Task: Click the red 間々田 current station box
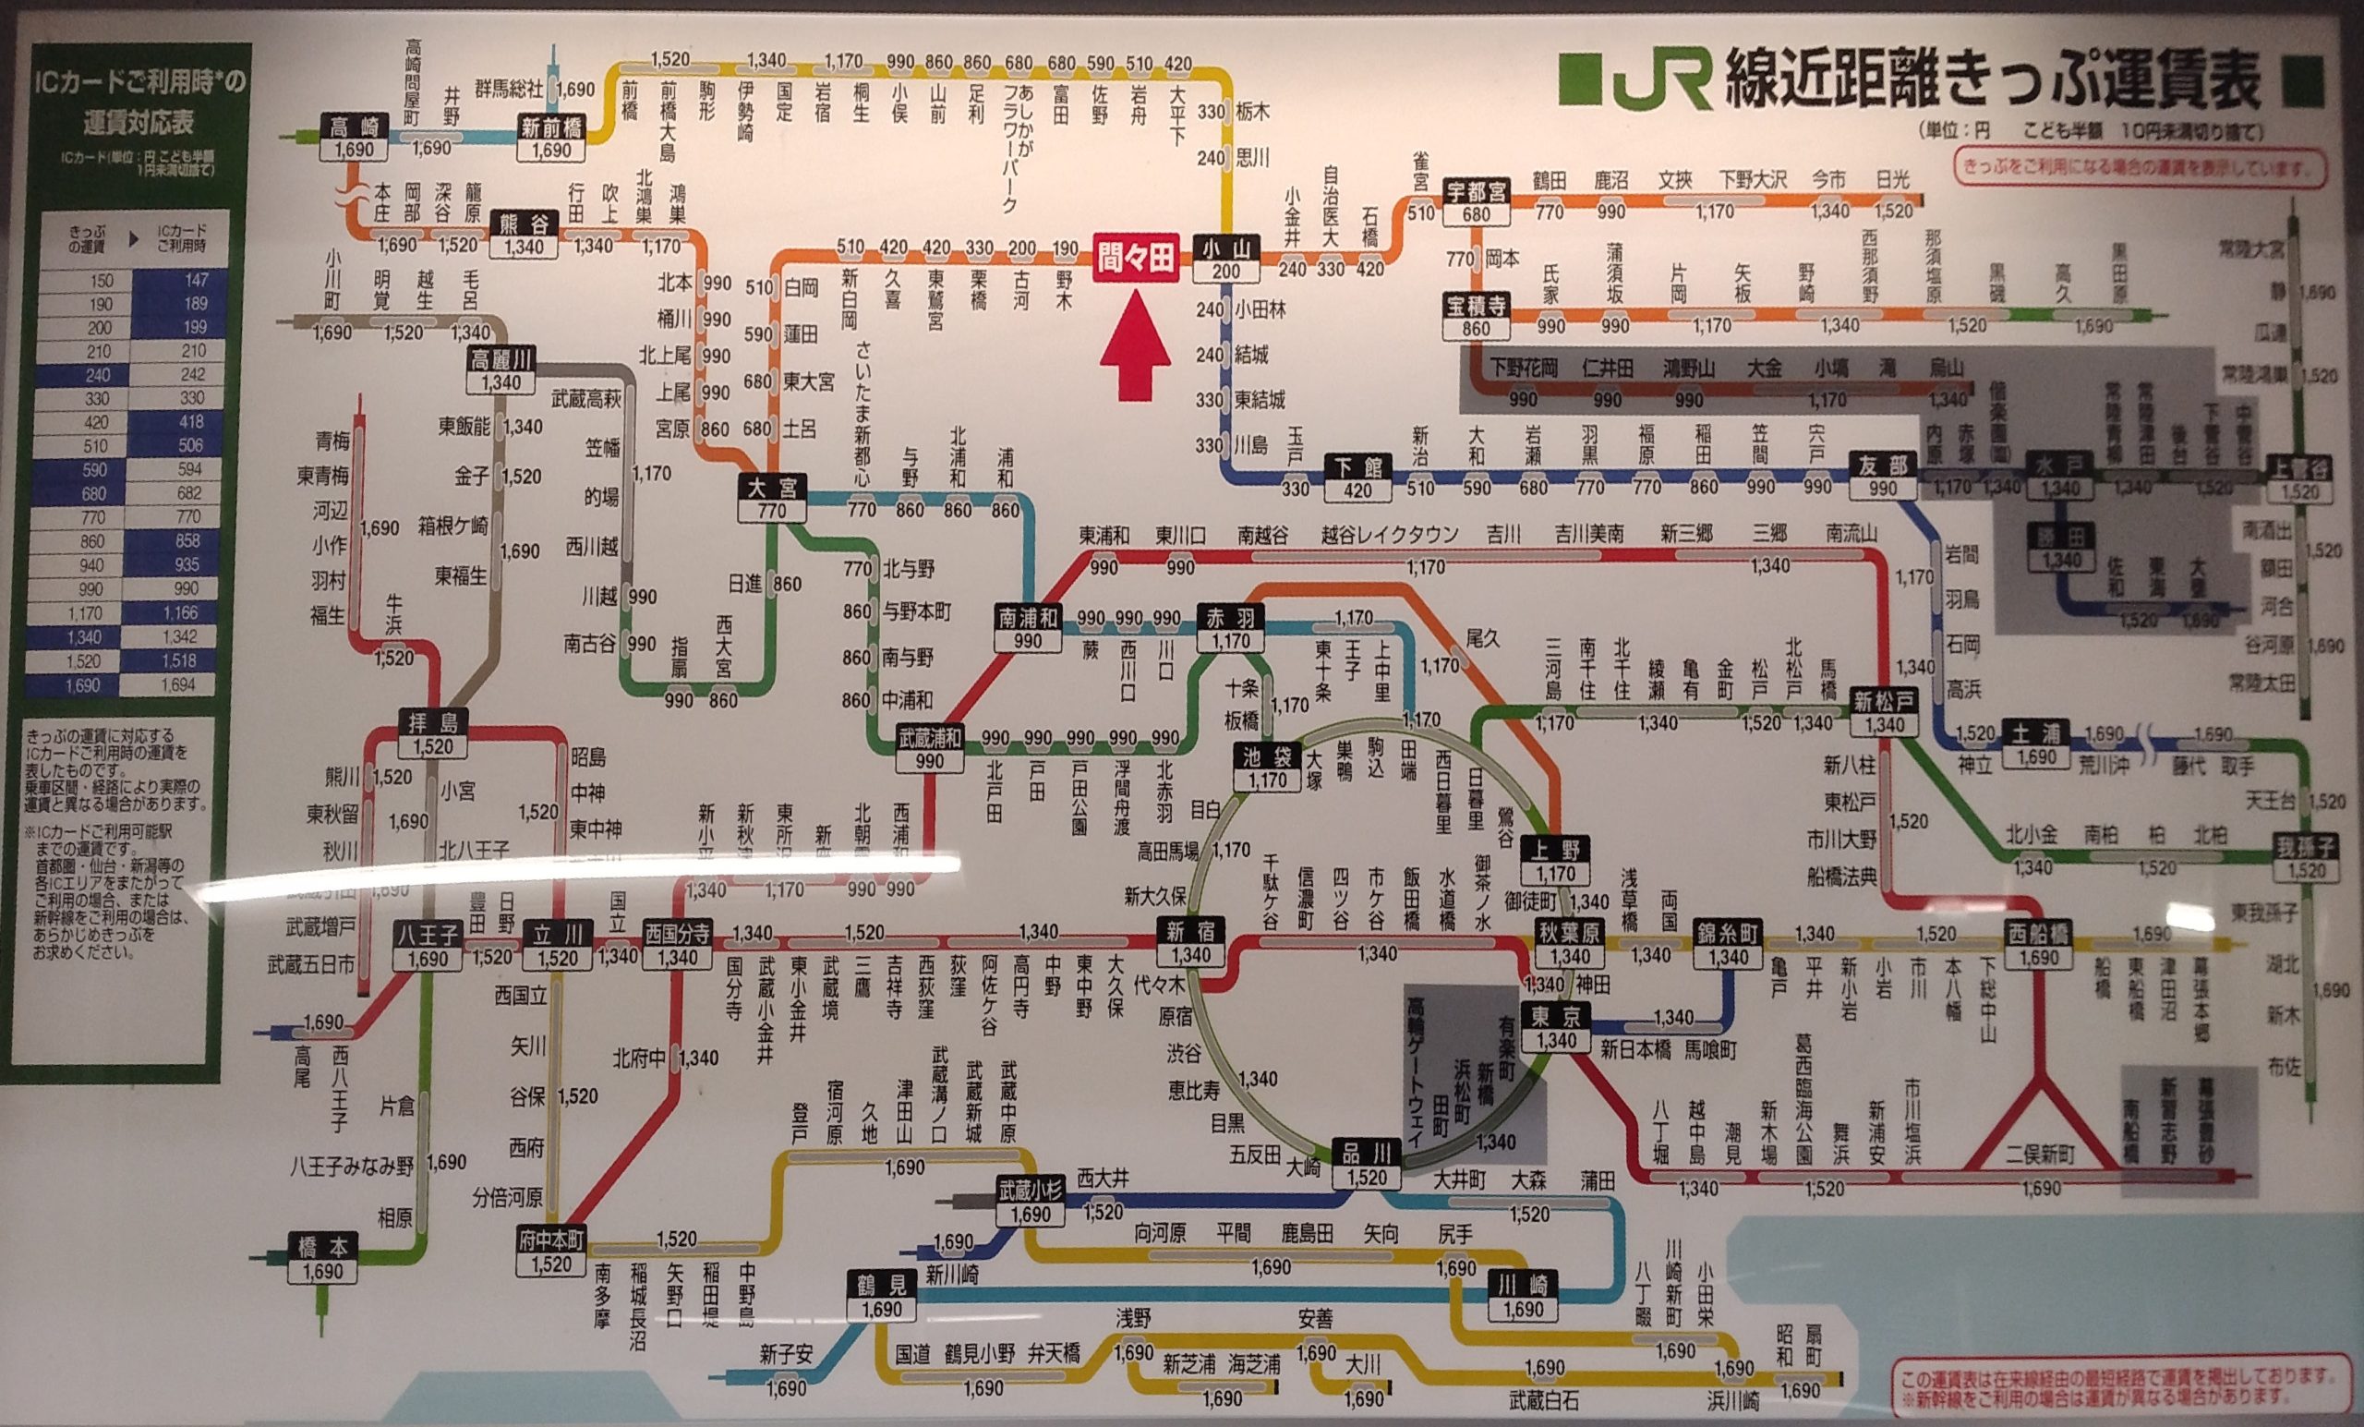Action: [1135, 258]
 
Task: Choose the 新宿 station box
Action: [1189, 940]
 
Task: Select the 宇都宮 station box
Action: [1477, 200]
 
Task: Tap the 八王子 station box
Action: [428, 943]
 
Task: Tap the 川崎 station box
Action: [1523, 1297]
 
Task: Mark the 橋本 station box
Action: [322, 1259]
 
